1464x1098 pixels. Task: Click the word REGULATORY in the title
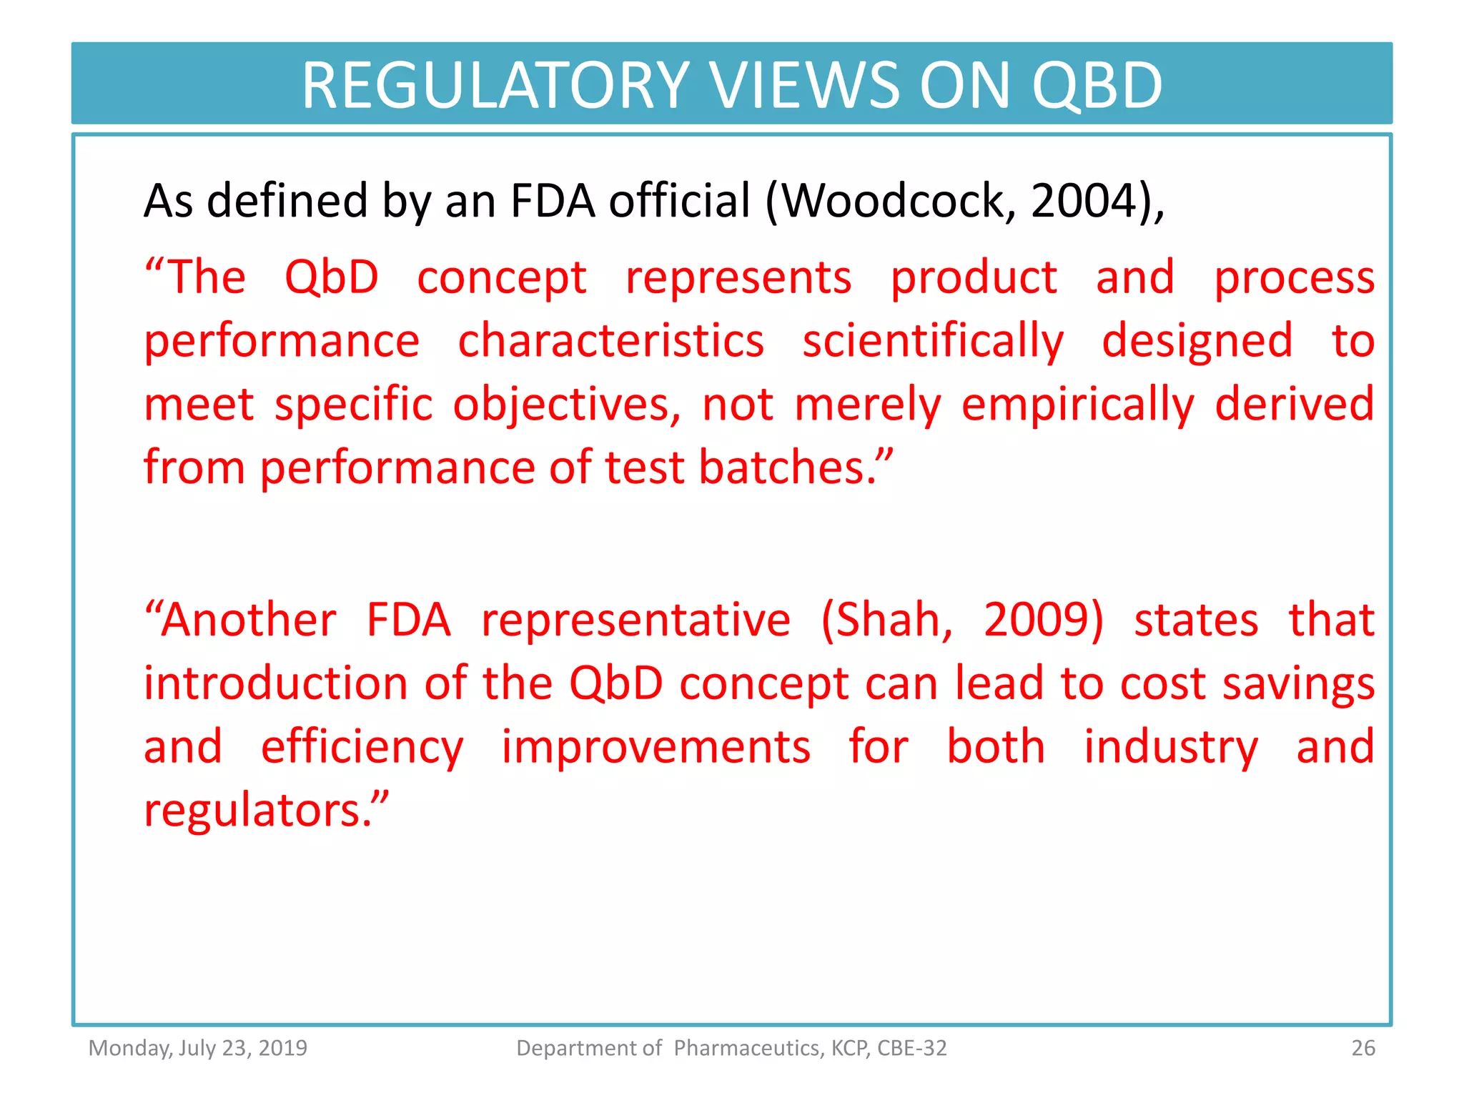[x=495, y=85]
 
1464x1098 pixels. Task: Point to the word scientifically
[x=933, y=341]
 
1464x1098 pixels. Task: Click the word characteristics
[x=610, y=341]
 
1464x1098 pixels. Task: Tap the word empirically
[x=1077, y=405]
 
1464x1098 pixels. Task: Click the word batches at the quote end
[x=786, y=468]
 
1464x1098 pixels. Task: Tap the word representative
[x=635, y=620]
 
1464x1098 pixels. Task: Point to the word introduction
[x=275, y=683]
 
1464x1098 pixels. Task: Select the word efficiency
[x=362, y=747]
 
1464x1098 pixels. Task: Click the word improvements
[x=656, y=747]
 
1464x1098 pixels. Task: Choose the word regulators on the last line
[x=257, y=811]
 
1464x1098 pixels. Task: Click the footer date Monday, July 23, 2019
[x=197, y=1048]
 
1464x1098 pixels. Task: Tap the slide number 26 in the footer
[x=1362, y=1048]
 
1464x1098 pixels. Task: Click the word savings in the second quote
[x=1298, y=683]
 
